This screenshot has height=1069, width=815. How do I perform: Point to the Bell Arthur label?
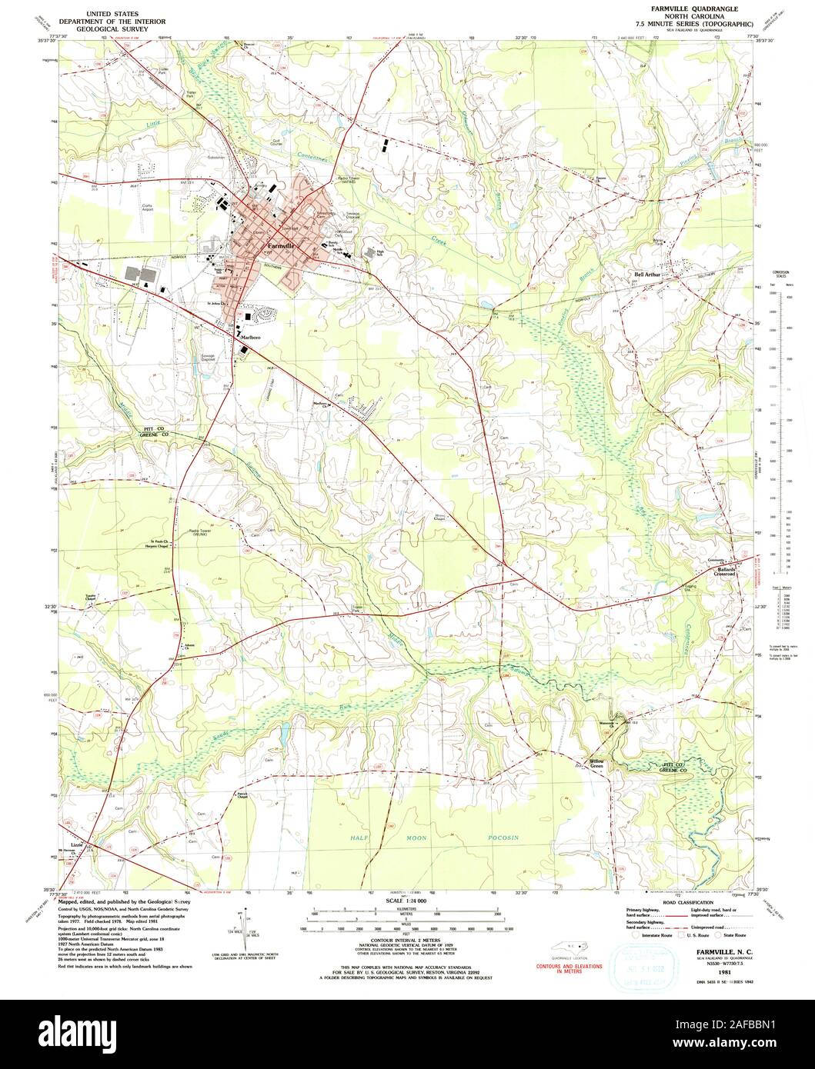point(649,274)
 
